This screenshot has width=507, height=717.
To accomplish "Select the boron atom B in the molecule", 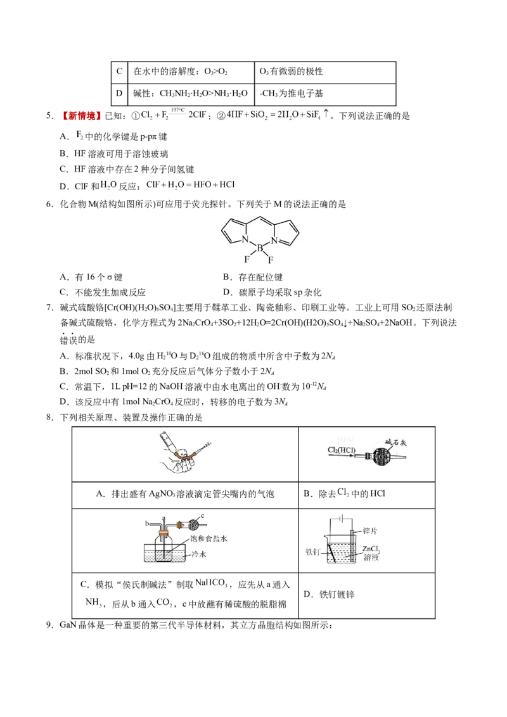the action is [260, 248].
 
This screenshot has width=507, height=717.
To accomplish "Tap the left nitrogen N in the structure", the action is [245, 239].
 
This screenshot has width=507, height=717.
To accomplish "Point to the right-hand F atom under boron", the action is [271, 260].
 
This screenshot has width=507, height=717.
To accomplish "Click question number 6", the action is [50, 204].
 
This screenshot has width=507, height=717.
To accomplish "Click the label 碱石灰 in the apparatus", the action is [395, 441].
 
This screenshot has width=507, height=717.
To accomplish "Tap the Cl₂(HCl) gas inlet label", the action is [342, 450].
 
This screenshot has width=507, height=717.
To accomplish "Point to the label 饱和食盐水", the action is [209, 538].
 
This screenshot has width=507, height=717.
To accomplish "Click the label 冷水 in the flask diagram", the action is [199, 554].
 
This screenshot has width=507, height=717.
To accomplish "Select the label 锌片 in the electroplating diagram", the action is [369, 530].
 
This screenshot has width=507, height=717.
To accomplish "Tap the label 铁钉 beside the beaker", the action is [313, 552].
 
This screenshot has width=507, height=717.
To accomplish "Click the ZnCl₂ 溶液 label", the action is [371, 553].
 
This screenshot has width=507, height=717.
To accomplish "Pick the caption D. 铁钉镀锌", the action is [329, 594].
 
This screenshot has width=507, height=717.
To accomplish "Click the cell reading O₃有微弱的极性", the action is [291, 72].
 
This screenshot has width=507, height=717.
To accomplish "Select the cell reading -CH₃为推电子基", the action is [291, 93].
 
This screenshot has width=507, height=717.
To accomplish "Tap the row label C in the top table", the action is [119, 72].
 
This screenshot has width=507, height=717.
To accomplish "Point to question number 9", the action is [50, 625].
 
